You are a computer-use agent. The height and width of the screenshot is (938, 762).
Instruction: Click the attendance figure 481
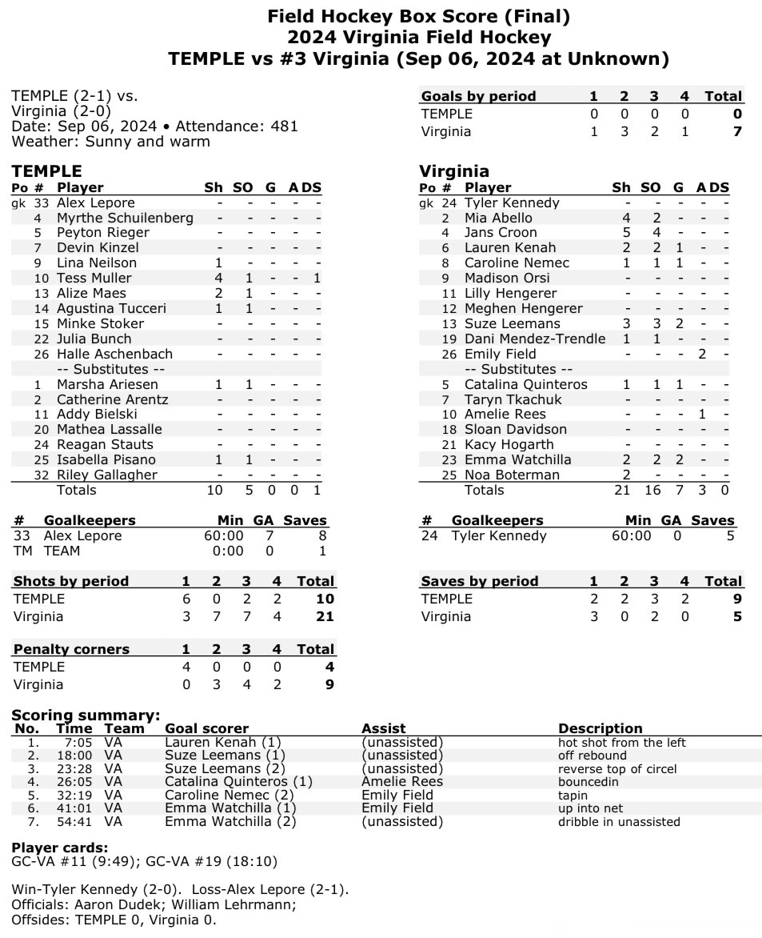point(283,126)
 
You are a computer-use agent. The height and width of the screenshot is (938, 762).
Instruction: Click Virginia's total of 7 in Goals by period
point(737,131)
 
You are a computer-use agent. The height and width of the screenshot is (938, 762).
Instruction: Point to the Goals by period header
point(478,96)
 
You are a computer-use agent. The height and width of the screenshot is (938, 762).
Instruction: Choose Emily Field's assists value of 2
point(701,354)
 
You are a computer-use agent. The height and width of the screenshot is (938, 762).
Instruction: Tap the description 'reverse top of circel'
point(617,769)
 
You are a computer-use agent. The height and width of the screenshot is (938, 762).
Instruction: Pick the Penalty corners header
point(71,649)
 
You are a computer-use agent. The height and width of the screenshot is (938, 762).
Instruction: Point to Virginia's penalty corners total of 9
point(329,684)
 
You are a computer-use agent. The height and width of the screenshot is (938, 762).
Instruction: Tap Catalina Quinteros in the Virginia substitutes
point(525,384)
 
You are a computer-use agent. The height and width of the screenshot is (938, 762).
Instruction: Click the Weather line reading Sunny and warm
point(111,142)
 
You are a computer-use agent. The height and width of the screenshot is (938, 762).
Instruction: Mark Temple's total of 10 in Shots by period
point(325,599)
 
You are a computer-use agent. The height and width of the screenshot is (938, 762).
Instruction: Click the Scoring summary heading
point(86,716)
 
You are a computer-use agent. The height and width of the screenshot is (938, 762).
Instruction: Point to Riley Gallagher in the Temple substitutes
point(107,475)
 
